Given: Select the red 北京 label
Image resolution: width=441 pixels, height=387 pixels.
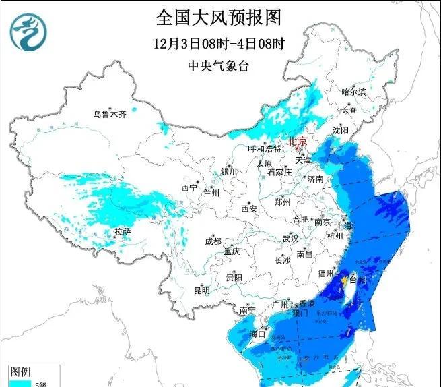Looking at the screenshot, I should click(297, 141).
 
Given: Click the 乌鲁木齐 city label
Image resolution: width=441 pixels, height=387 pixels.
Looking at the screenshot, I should click(110, 114).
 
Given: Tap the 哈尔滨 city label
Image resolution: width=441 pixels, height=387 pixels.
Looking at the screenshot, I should click(353, 92).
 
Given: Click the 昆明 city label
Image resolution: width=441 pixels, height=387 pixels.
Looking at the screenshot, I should click(201, 291).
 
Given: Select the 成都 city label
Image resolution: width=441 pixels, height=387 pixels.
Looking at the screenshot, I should click(213, 241).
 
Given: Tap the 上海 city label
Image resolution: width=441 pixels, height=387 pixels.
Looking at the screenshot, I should click(345, 227).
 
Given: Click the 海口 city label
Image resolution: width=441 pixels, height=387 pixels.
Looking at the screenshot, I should click(258, 334).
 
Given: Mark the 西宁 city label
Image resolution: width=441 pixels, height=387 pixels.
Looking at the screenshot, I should click(189, 187).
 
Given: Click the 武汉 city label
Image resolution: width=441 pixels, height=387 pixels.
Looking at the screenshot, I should click(290, 239).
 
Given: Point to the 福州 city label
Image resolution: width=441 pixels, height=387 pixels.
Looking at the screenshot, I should click(325, 273).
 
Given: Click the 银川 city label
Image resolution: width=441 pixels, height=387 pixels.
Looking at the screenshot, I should click(229, 172).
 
